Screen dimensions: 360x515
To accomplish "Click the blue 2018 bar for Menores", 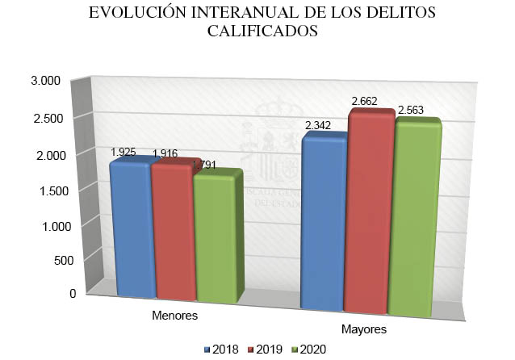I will [x=132, y=230].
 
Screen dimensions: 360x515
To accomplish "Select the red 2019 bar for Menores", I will [x=172, y=232].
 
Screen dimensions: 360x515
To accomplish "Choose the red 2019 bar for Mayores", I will [x=369, y=214].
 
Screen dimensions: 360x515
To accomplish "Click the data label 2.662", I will [x=366, y=102].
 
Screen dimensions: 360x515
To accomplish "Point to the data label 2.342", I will [x=320, y=125].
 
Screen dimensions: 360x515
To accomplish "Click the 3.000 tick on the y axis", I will [x=45, y=81].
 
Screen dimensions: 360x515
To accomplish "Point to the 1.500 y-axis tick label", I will [x=45, y=190].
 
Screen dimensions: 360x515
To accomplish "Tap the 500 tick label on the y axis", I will [x=50, y=260].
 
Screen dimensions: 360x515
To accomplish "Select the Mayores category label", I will [x=363, y=329].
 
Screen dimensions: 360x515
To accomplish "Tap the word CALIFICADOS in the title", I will [x=257, y=32].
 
